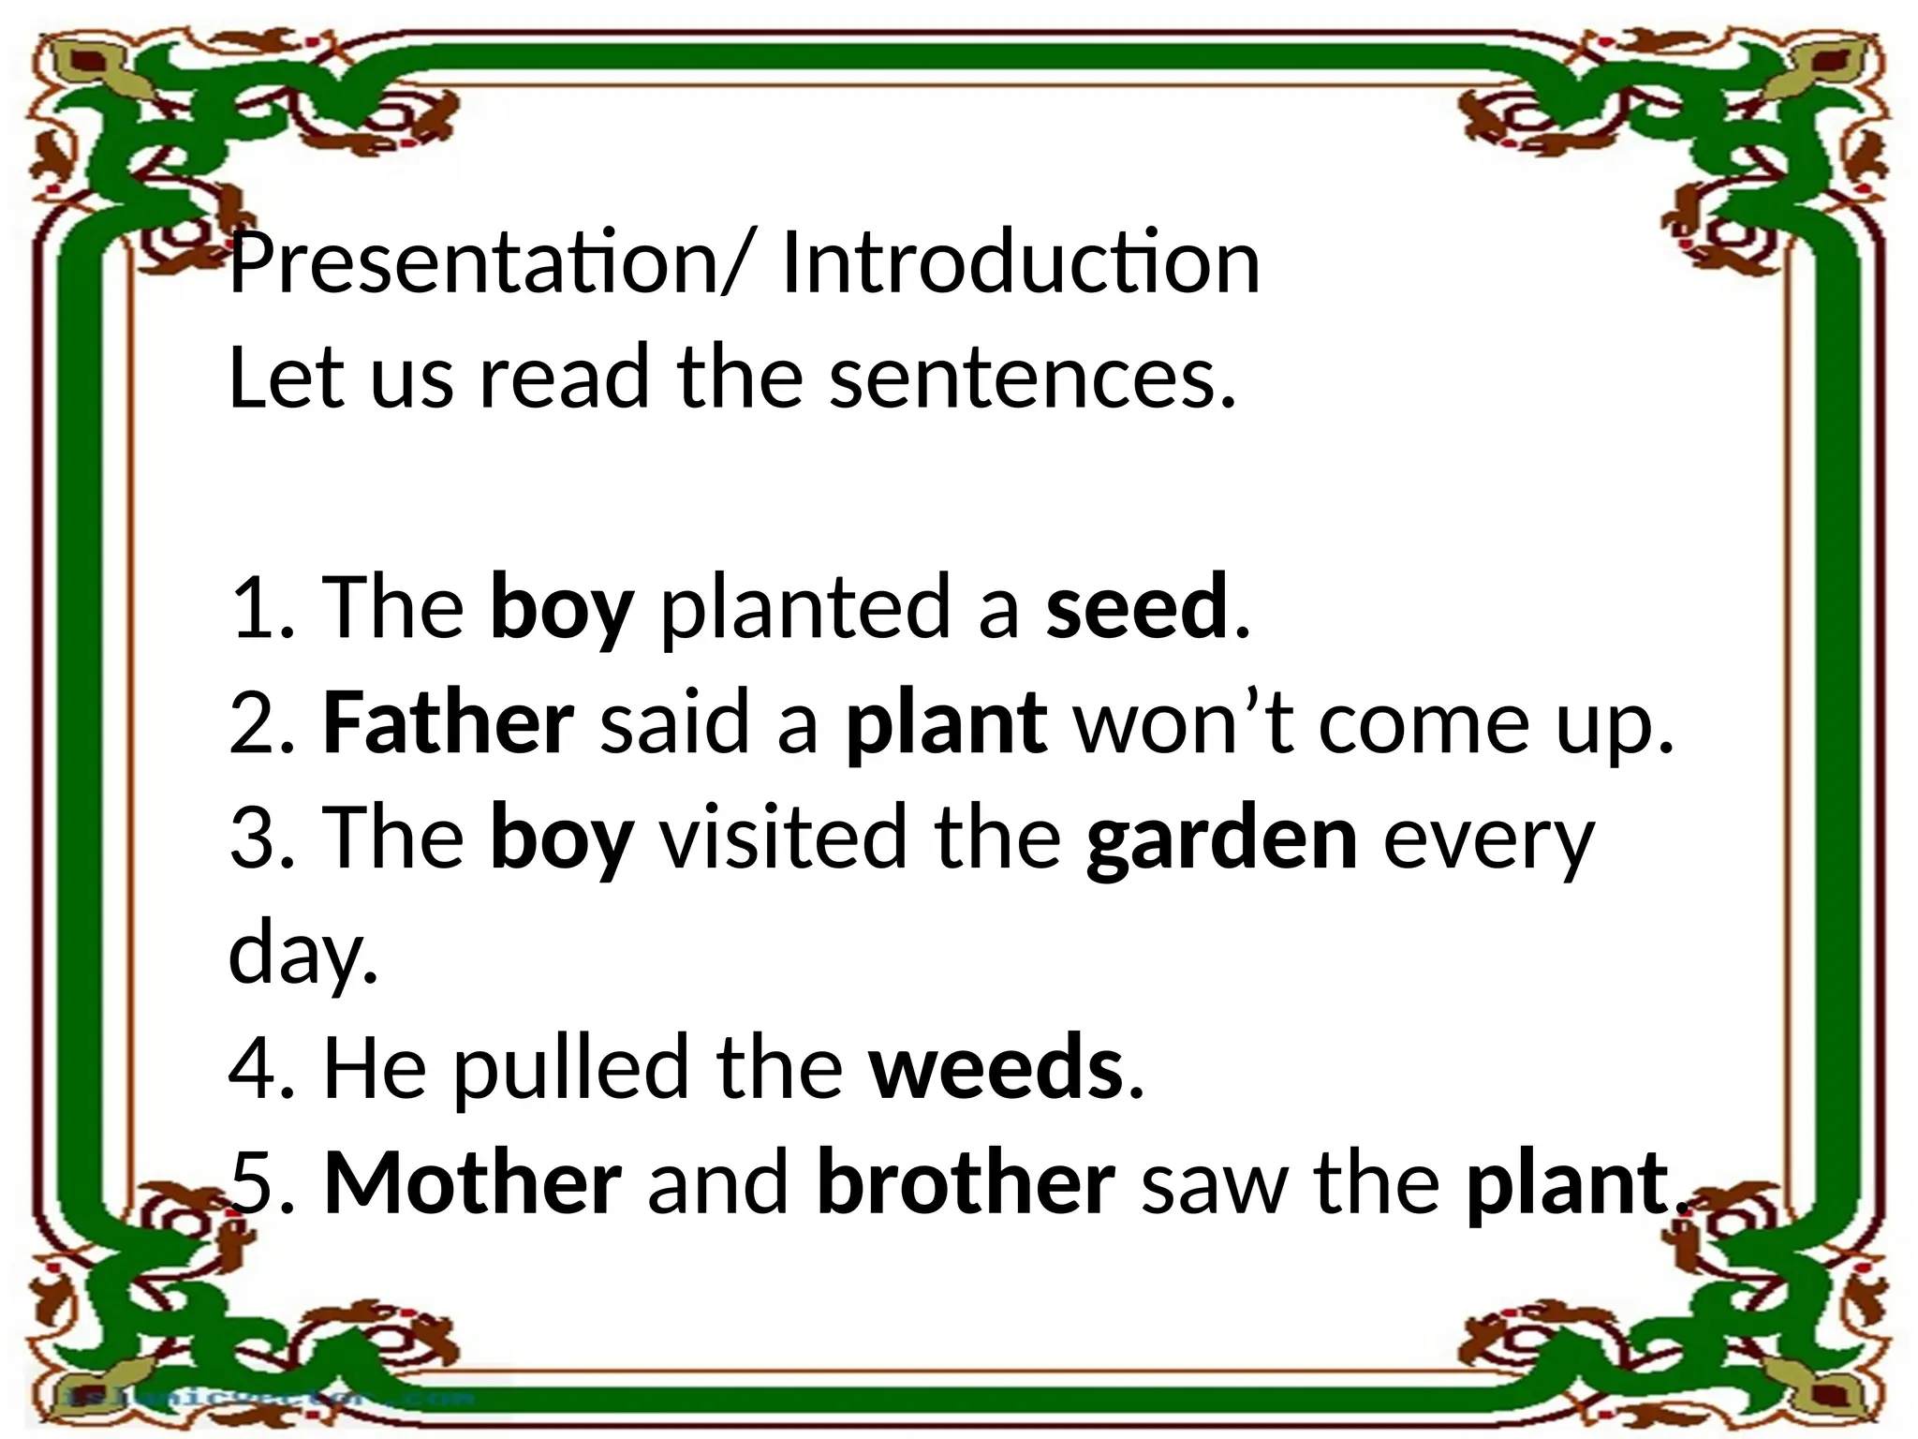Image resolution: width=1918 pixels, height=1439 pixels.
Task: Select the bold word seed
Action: coord(1136,607)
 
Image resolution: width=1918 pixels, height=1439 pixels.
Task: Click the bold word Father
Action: coord(449,722)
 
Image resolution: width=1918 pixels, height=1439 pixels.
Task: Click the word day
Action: coord(302,954)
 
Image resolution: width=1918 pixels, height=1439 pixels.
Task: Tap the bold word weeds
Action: coord(996,1068)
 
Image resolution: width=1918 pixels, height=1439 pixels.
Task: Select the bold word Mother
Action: coord(472,1183)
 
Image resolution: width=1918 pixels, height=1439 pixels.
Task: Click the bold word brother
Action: coord(966,1183)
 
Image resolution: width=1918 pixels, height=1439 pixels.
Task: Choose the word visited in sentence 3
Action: coord(783,837)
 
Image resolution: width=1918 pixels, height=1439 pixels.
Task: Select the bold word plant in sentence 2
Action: coord(946,724)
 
